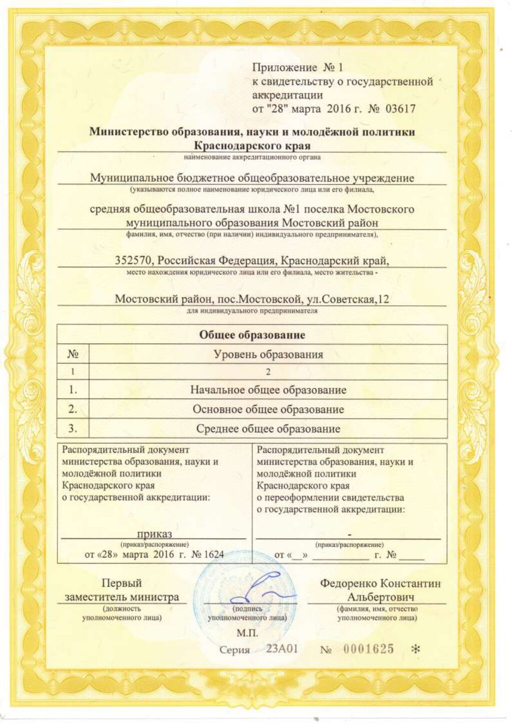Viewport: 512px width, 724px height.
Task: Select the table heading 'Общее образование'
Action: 252,334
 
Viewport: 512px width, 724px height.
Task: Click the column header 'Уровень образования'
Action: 268,354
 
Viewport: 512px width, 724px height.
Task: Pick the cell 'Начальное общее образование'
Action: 268,389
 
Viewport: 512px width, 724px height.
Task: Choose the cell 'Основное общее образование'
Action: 268,409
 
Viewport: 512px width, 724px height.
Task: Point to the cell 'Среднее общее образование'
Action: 268,428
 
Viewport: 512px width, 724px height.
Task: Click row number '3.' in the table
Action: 72,428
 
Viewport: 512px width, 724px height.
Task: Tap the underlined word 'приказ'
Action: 154,533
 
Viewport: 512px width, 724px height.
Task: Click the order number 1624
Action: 212,554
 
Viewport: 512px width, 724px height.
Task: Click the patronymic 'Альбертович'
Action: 381,596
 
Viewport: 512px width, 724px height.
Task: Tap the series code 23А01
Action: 281,648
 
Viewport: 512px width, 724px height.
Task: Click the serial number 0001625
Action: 368,649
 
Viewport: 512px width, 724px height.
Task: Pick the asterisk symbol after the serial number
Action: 415,649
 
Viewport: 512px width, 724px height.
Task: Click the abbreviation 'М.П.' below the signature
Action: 247,633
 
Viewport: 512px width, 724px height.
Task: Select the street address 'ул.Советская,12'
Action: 348,299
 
